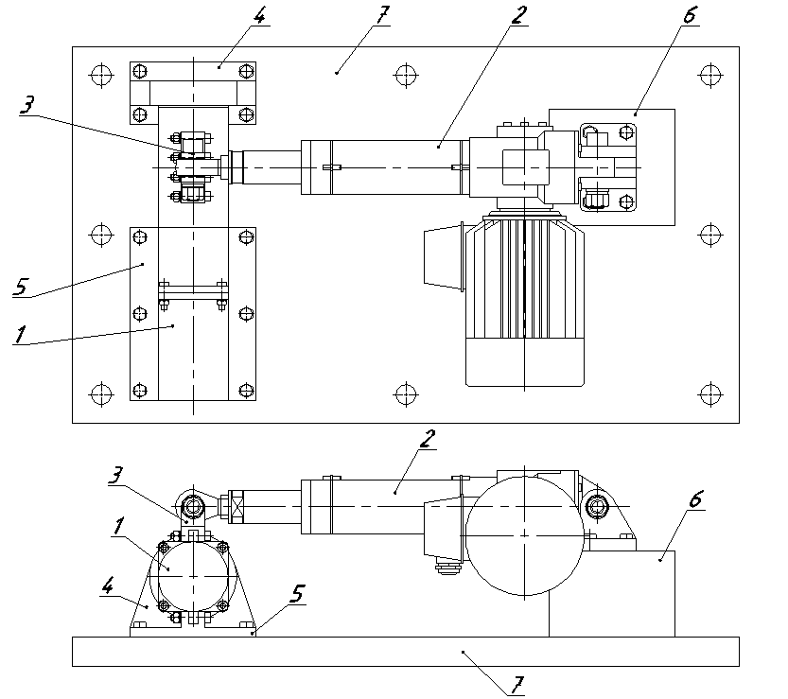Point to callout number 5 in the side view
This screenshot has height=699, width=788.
[299, 593]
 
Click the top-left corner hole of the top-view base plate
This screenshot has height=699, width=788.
[99, 73]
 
